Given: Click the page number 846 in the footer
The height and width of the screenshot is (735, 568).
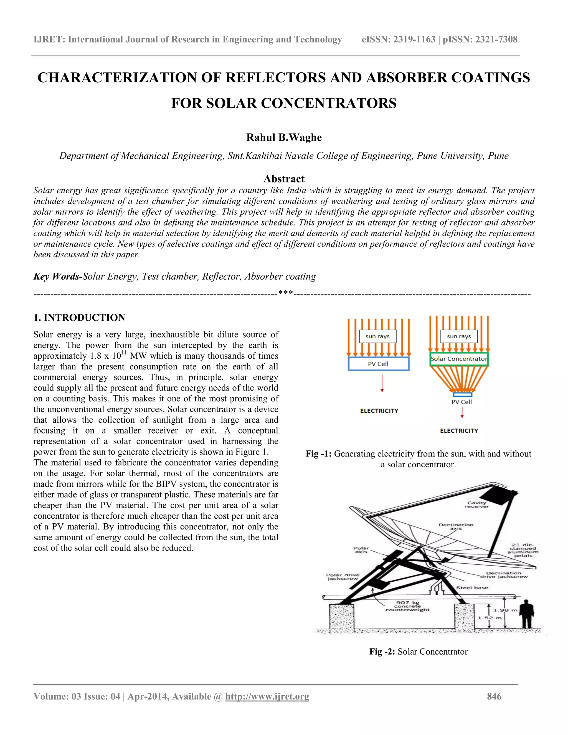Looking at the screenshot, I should [x=494, y=696].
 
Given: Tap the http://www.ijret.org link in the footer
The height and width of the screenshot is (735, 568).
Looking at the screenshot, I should [x=267, y=696].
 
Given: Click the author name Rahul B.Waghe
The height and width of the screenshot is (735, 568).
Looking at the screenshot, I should [x=284, y=137].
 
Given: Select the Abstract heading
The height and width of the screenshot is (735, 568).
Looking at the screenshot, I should [x=284, y=179].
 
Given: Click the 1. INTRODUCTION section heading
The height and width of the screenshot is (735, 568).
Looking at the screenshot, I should [x=79, y=317].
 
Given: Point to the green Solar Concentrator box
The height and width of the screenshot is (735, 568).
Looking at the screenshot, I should [x=459, y=359].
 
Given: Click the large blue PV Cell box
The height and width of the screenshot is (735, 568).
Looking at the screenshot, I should [x=378, y=364].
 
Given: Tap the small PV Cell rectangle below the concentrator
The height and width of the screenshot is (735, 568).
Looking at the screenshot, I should [x=462, y=394].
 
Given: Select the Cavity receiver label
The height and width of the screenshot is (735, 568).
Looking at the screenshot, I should [x=476, y=505].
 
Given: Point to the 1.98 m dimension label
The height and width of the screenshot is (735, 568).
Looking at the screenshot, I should [x=505, y=610].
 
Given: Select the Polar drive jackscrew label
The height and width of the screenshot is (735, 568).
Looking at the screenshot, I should [x=343, y=577].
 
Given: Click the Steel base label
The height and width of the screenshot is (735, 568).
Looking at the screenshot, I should [x=472, y=588].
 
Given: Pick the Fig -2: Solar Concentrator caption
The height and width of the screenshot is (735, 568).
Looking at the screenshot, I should [x=418, y=652].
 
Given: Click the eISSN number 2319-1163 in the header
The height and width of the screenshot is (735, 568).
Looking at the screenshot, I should [x=414, y=39].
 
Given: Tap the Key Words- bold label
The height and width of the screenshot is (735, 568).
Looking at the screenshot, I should [x=57, y=276].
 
